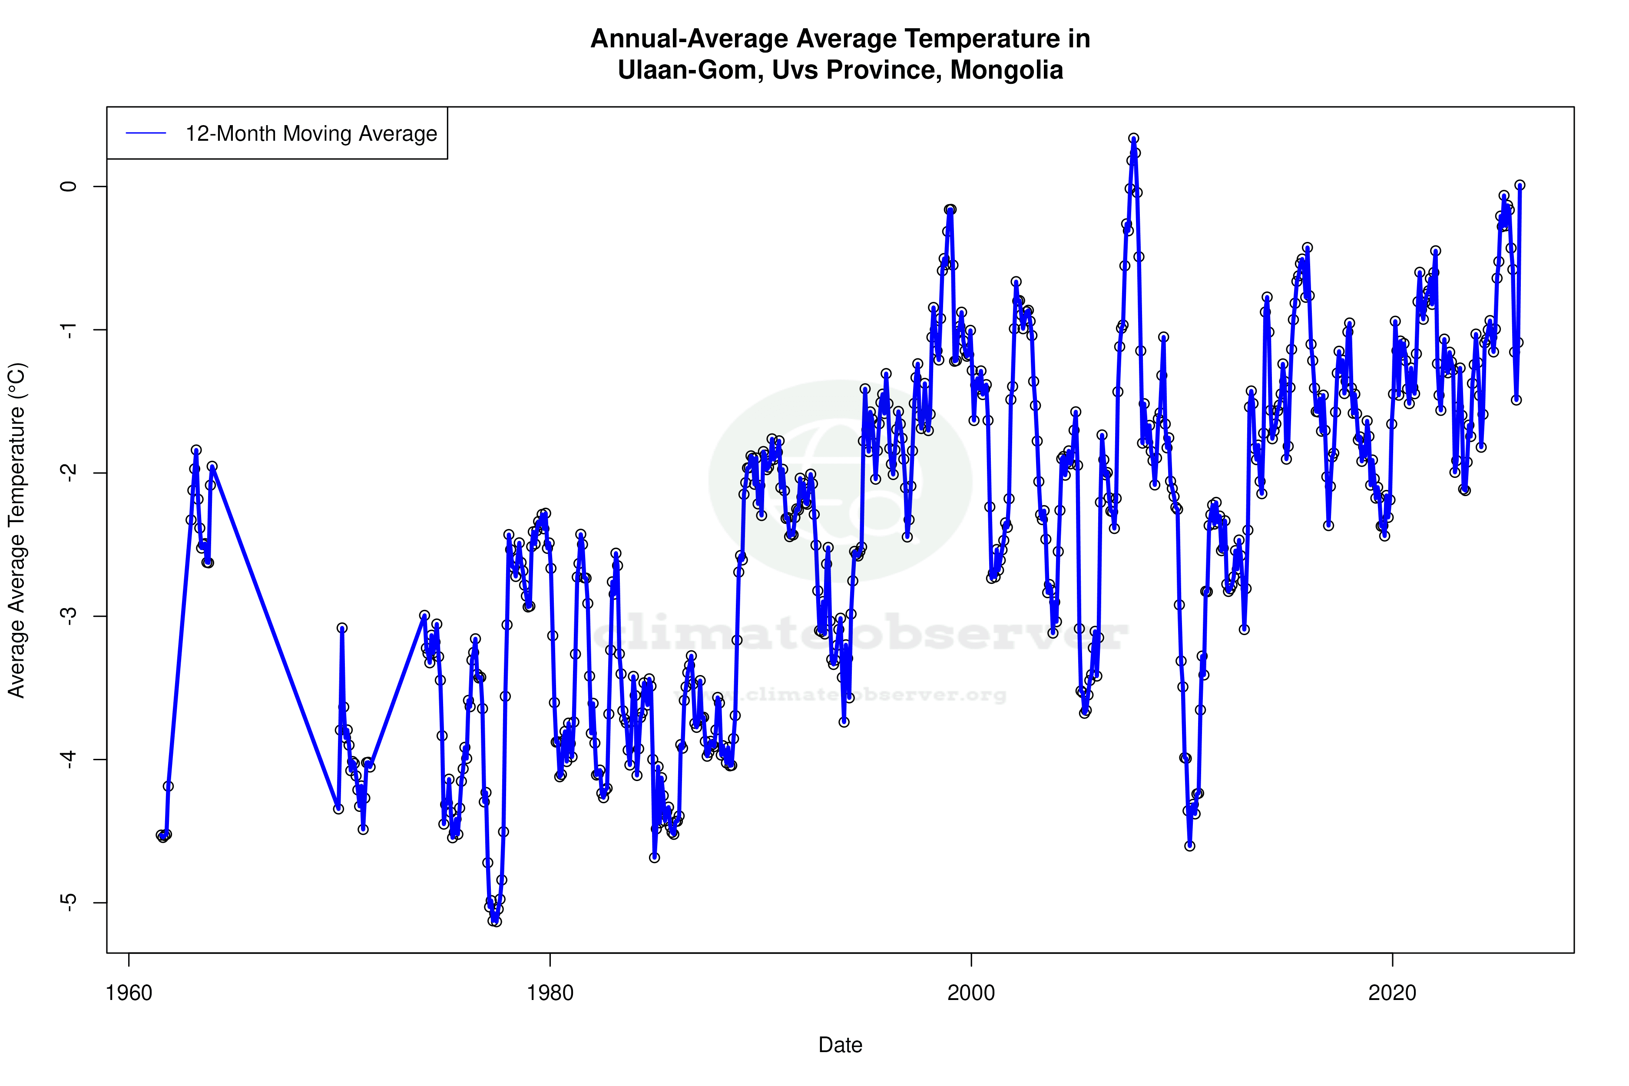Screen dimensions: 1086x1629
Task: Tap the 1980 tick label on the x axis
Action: click(550, 993)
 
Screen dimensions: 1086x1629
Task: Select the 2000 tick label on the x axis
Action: click(971, 993)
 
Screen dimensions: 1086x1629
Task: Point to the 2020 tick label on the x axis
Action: click(1392, 993)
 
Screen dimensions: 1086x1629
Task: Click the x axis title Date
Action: click(840, 1045)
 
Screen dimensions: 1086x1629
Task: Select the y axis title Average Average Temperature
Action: click(17, 530)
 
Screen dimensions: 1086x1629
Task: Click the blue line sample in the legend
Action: click(146, 134)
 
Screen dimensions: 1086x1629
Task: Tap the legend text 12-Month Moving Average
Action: click(311, 134)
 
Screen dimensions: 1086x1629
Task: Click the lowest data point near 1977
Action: click(496, 921)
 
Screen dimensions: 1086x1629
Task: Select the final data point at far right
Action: click(1520, 185)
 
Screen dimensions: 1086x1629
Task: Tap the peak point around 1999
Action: click(950, 209)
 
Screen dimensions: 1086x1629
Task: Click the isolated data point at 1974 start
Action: click(424, 615)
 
